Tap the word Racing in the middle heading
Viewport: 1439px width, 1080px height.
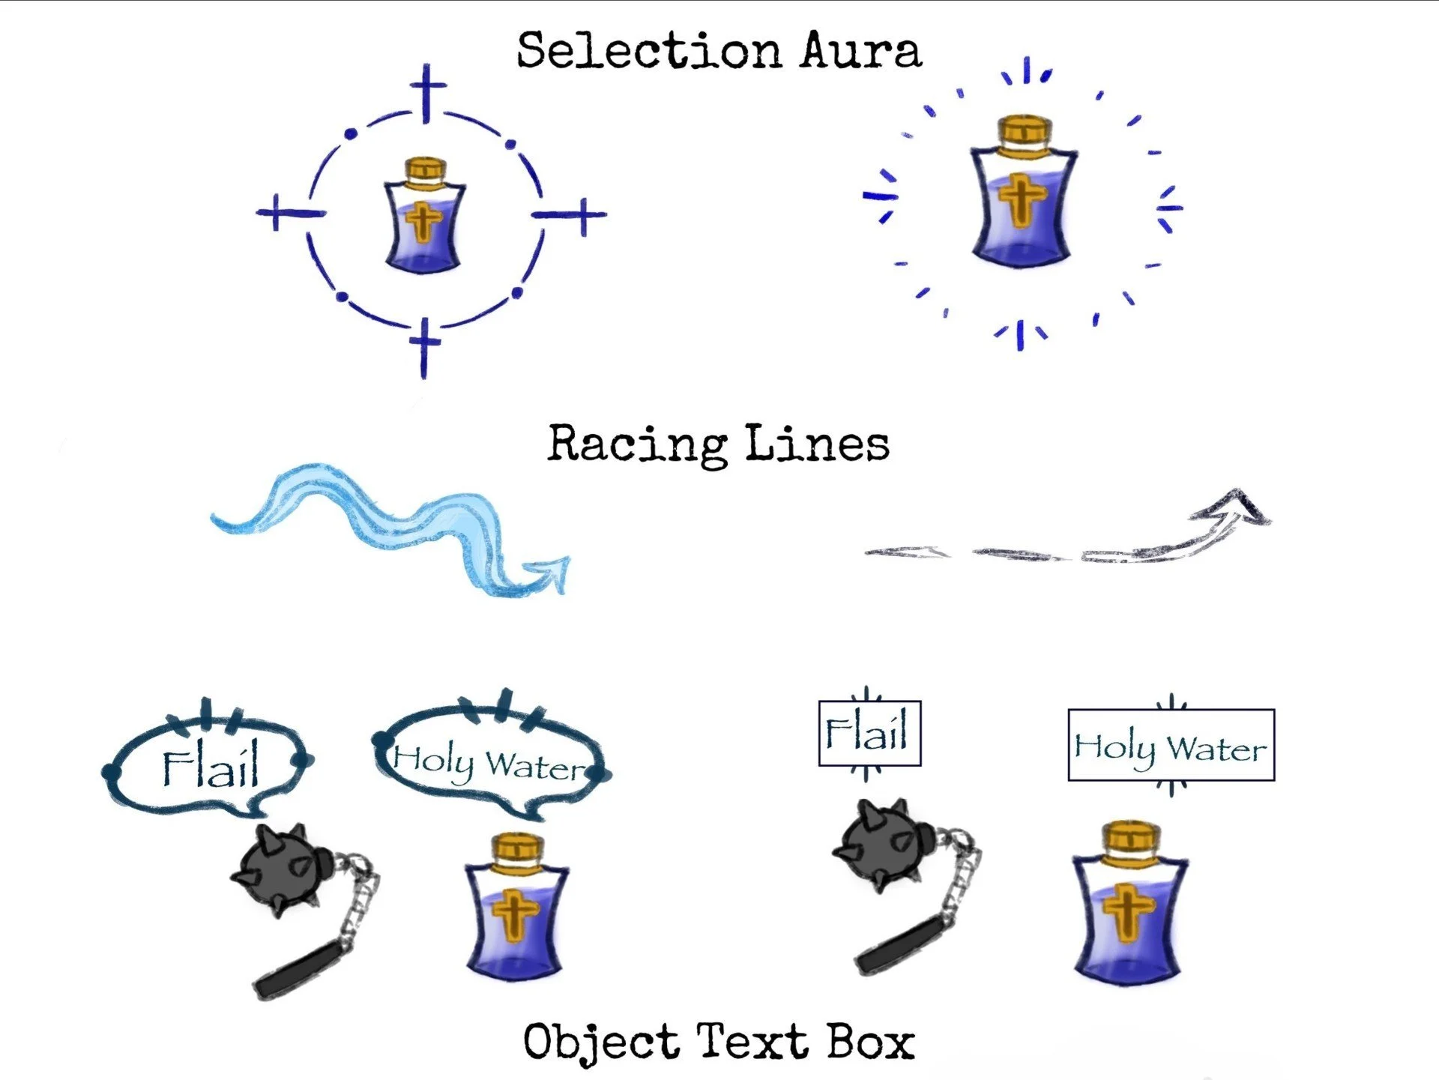(x=637, y=444)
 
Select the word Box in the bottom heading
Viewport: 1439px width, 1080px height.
(x=871, y=1042)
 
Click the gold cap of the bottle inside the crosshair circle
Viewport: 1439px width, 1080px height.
(x=425, y=169)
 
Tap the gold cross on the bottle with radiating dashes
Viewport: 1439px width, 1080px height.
(x=1021, y=196)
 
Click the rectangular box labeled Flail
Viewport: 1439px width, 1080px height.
(x=869, y=733)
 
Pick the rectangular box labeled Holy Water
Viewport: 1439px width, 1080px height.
(x=1171, y=745)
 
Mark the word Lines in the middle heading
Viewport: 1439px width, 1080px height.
(x=817, y=444)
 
